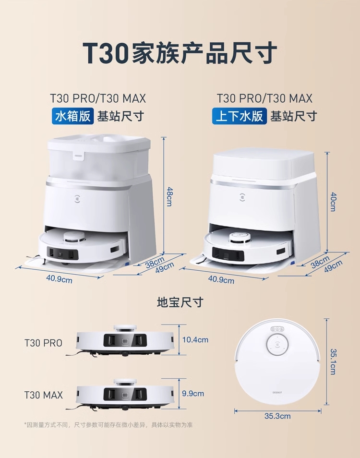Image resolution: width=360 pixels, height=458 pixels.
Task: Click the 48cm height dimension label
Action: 169,196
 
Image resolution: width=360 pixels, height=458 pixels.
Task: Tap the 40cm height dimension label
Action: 333,202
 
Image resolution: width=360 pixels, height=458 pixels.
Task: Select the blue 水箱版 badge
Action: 72,116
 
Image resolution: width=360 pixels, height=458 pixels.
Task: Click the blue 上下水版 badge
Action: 240,116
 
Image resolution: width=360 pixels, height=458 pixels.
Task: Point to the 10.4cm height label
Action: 195,340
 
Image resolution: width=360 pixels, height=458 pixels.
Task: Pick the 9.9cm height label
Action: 193,394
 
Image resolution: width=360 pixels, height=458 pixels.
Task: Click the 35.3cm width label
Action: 277,416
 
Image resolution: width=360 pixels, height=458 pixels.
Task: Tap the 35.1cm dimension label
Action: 333,362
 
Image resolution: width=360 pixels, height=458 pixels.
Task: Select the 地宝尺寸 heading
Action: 180,302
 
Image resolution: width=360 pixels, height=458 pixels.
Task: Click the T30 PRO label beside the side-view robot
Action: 44,343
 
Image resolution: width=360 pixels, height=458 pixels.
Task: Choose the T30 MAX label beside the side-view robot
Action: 44,395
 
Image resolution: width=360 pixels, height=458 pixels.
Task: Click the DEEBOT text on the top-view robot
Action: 277,393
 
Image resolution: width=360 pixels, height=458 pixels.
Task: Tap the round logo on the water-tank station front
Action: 78,197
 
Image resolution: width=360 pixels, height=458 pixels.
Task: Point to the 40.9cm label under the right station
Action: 221,279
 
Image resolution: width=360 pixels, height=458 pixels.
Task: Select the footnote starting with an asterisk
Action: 108,425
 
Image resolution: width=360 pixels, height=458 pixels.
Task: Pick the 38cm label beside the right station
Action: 320,262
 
